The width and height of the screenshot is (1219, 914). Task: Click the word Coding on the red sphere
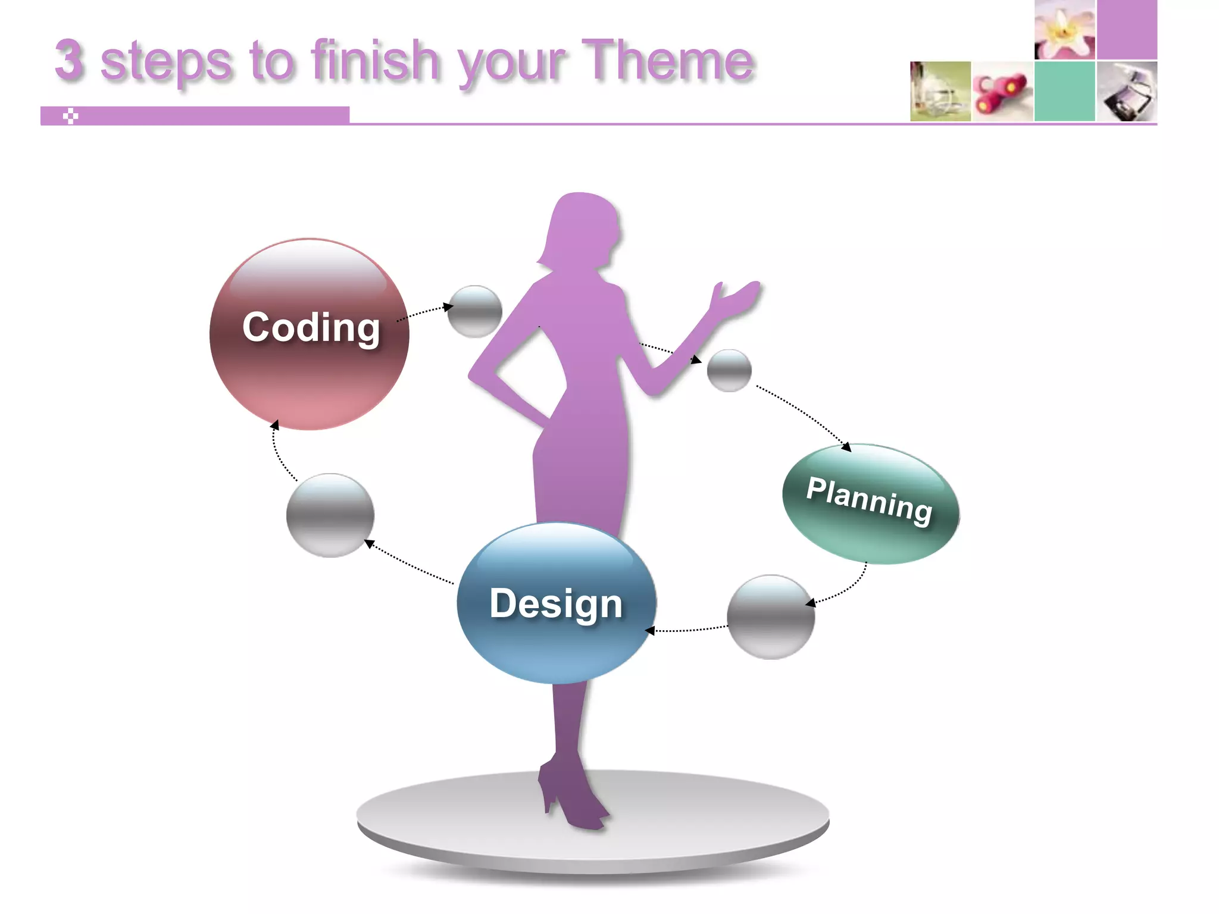311,327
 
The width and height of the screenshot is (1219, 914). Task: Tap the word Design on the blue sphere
556,603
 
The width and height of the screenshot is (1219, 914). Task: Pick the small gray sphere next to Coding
474,311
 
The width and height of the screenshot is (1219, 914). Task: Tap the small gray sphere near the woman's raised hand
729,370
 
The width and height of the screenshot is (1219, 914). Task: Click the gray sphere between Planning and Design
771,616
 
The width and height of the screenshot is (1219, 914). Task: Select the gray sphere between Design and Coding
330,515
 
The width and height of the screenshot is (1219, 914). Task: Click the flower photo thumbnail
1064,30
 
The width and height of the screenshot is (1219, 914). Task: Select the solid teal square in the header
1064,91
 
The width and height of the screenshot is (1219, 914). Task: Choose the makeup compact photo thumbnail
1127,91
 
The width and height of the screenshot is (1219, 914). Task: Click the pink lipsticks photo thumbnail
1002,91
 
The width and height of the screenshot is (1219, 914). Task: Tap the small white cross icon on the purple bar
70,116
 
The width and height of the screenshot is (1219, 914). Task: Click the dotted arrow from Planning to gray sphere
845,589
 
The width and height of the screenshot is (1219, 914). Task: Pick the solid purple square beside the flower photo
1127,30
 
